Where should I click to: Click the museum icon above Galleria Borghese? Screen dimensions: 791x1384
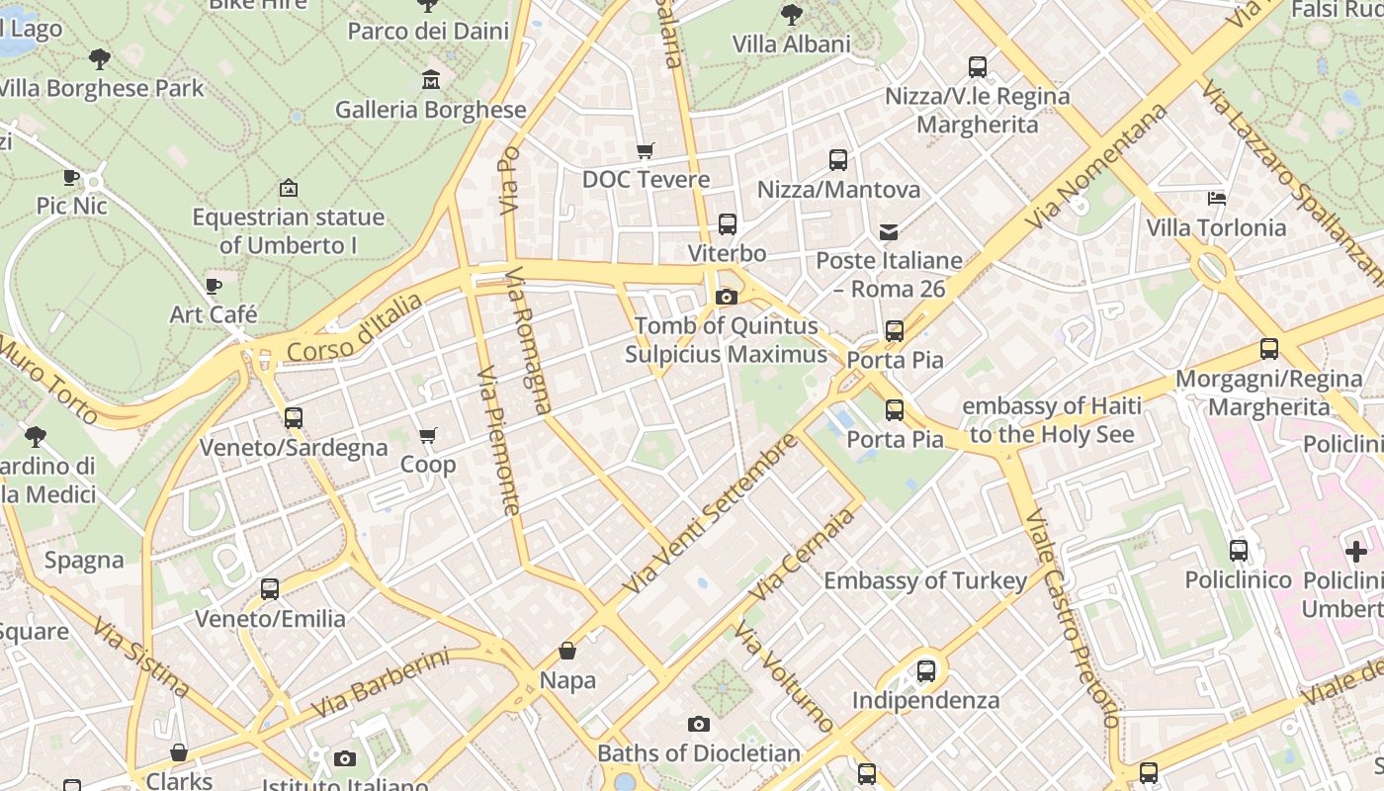click(x=431, y=79)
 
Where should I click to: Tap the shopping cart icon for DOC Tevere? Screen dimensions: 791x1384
click(x=646, y=150)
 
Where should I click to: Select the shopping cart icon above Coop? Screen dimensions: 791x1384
click(x=428, y=435)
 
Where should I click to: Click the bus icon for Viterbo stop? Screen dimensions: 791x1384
click(x=728, y=224)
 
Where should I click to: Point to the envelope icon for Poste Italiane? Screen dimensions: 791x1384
click(x=889, y=232)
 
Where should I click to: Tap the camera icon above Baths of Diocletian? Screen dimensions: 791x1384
click(x=699, y=725)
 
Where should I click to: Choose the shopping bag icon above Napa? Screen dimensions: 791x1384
click(x=567, y=651)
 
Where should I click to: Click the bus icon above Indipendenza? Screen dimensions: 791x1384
click(x=926, y=671)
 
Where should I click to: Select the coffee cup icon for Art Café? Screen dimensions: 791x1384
click(x=214, y=287)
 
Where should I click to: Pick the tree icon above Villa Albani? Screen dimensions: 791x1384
click(x=791, y=15)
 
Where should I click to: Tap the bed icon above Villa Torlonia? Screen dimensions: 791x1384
click(x=1217, y=199)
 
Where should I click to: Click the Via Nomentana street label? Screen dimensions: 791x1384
click(x=1096, y=166)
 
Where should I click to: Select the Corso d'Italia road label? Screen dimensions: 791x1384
click(x=354, y=326)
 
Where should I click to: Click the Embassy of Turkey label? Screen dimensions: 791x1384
click(x=925, y=580)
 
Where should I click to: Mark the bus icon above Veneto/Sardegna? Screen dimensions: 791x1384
click(x=294, y=418)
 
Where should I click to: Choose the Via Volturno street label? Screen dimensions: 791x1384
click(x=785, y=676)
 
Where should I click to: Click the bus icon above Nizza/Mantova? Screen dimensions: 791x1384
click(x=838, y=160)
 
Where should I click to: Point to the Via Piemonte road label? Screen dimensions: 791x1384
click(x=498, y=441)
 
